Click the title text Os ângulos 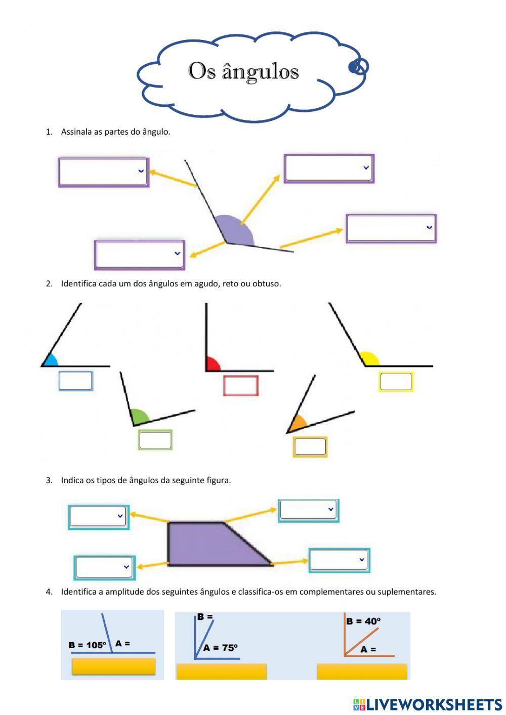click(x=243, y=71)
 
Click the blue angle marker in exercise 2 click(x=51, y=360)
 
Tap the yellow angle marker click(x=370, y=359)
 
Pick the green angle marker click(x=139, y=417)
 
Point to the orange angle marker click(x=299, y=422)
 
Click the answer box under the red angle click(x=241, y=386)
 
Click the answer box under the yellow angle click(x=396, y=382)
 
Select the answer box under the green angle click(x=155, y=440)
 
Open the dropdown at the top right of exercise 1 click(x=329, y=168)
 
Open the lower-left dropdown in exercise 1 click(x=139, y=254)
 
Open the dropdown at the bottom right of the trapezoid click(x=339, y=560)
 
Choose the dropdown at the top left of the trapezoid click(x=98, y=517)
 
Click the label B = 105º click(x=87, y=645)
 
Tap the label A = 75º click(x=221, y=648)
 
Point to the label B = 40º click(x=363, y=621)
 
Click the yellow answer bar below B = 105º click(x=113, y=666)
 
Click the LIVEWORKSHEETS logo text click(x=433, y=704)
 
